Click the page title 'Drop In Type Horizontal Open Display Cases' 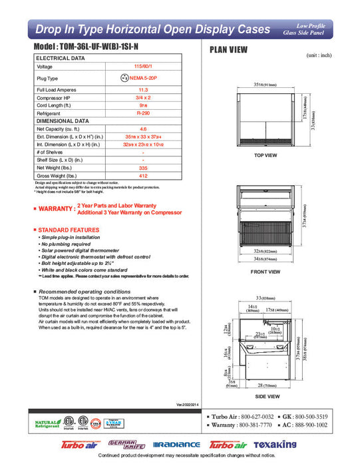click(x=152, y=29)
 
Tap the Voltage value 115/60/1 click(x=142, y=67)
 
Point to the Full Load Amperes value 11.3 click(x=142, y=89)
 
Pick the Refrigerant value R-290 click(x=142, y=114)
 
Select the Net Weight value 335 click(x=142, y=168)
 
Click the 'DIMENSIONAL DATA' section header click(x=63, y=121)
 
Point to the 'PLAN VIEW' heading click(x=230, y=49)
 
